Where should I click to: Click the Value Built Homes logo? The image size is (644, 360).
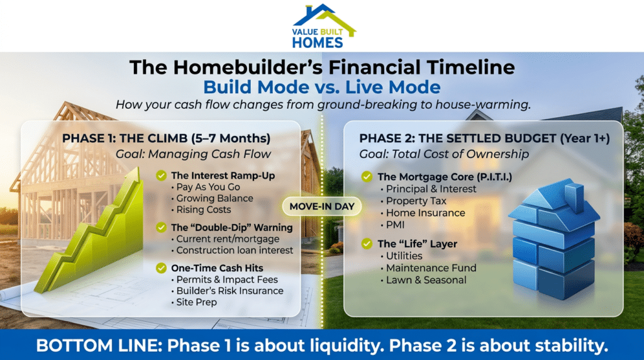point(321,26)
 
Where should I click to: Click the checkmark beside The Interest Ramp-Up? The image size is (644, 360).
point(162,175)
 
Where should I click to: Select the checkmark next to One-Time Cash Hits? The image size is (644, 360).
point(162,268)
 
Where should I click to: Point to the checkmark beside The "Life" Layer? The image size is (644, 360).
point(367,244)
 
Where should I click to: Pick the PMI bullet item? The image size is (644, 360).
point(396,225)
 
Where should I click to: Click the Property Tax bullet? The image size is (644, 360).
point(416,201)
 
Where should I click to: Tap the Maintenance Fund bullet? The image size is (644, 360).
point(431,268)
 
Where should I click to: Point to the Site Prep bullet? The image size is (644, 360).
point(197,303)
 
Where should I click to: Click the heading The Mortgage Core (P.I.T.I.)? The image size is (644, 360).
point(435,177)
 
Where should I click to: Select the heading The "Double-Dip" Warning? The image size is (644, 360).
point(231,227)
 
